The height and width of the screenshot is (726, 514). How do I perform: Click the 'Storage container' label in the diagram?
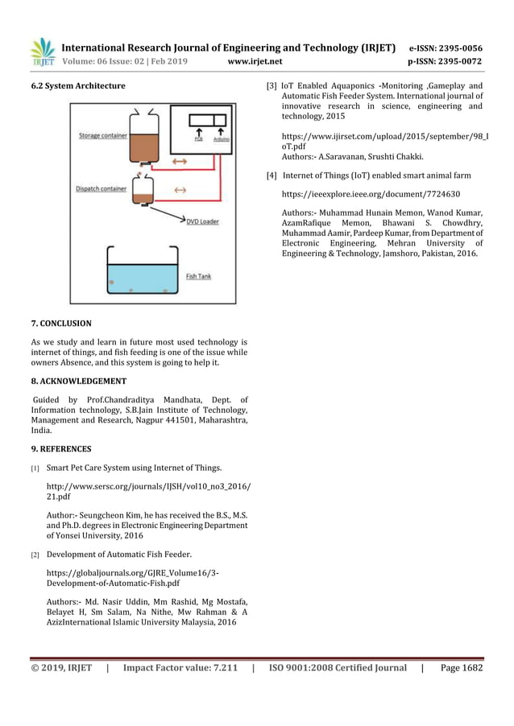(102, 136)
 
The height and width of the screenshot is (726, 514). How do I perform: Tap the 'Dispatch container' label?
(101, 189)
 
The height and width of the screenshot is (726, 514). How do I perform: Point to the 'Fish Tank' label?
(198, 276)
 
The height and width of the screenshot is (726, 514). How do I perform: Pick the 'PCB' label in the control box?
(199, 139)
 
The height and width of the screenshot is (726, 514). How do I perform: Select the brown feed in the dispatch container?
(143, 196)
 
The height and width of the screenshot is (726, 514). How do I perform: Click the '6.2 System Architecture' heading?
(77, 85)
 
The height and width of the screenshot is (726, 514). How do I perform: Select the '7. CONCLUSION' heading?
(60, 323)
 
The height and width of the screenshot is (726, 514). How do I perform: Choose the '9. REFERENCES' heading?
(60, 449)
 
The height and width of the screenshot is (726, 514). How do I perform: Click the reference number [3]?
(272, 85)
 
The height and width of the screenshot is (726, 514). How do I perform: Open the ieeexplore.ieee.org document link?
(371, 194)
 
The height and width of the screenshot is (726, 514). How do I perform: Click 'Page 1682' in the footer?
(462, 668)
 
